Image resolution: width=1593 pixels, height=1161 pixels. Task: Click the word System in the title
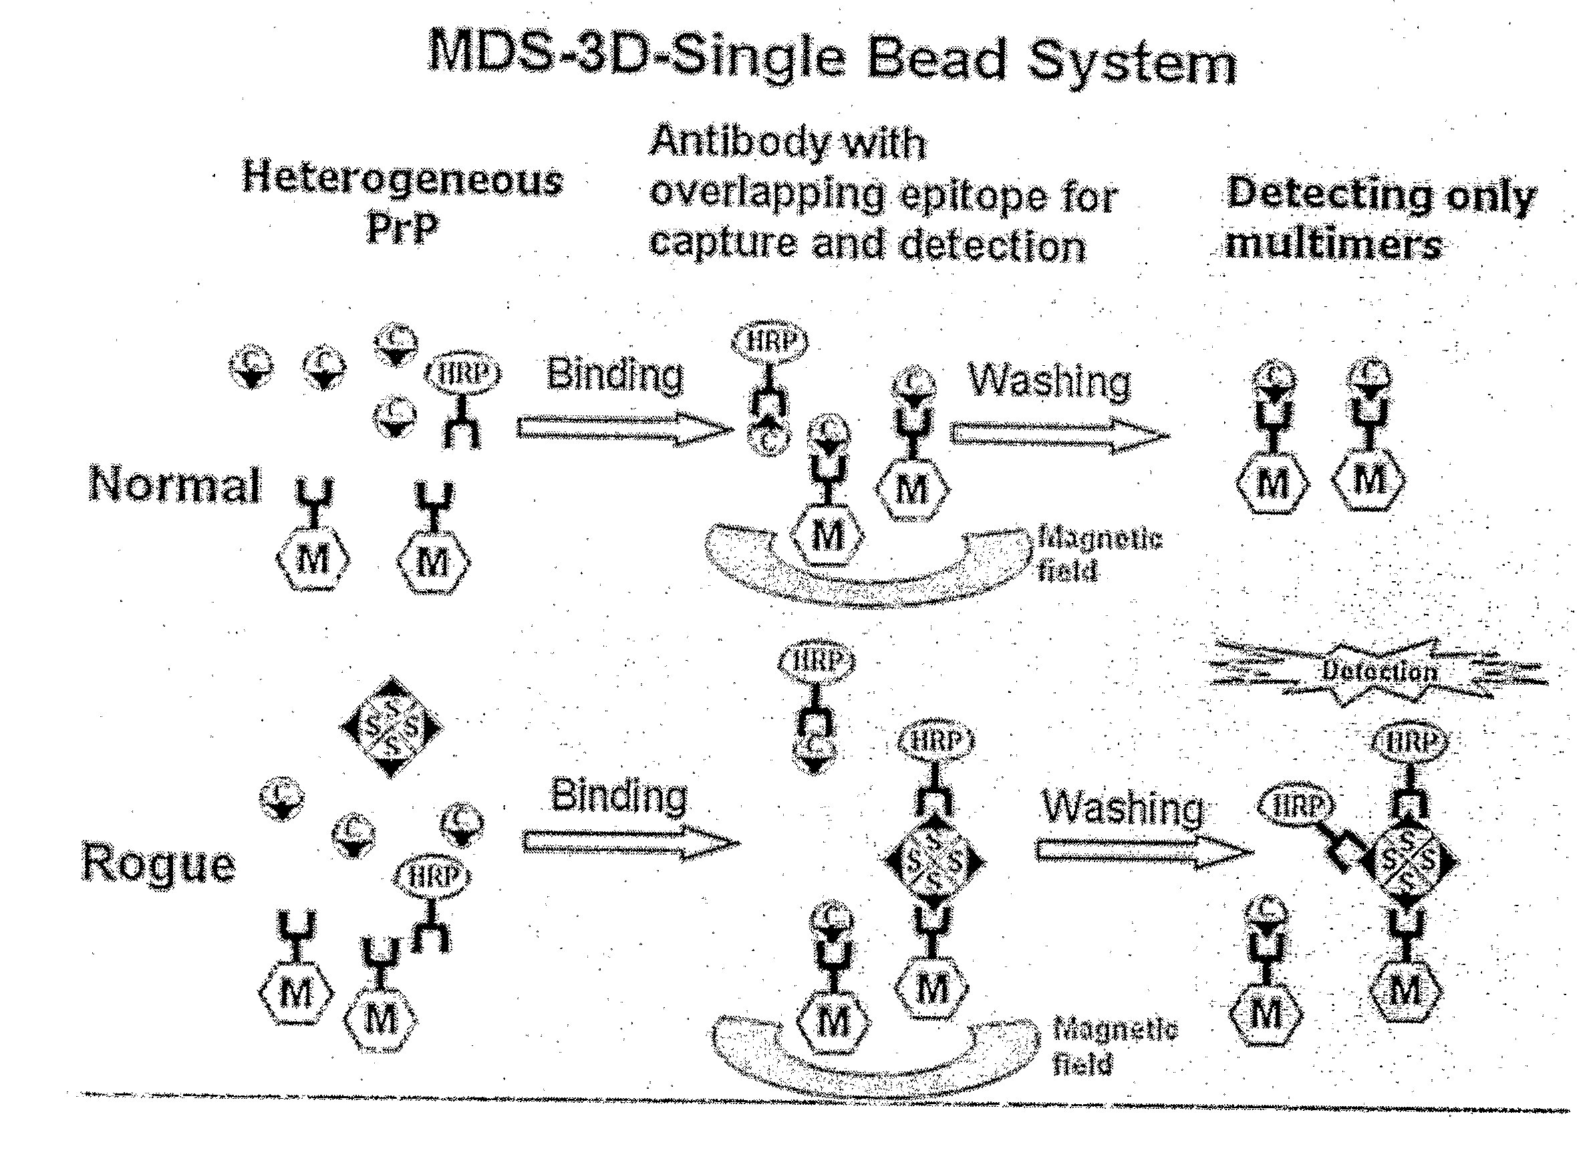click(1131, 64)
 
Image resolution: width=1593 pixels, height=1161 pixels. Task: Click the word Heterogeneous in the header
click(402, 179)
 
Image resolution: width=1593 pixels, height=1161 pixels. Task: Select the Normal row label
click(174, 485)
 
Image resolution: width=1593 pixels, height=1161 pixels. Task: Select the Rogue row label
click(159, 863)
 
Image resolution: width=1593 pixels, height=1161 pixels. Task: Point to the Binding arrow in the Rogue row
click(629, 843)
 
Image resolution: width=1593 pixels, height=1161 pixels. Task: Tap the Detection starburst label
click(1379, 671)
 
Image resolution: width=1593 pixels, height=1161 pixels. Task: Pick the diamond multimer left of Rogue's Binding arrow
click(391, 728)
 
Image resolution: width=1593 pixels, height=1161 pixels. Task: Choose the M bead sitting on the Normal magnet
click(827, 537)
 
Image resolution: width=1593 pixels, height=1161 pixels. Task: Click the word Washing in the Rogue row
click(1123, 807)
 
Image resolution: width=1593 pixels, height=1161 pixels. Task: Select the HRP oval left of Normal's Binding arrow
click(463, 373)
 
